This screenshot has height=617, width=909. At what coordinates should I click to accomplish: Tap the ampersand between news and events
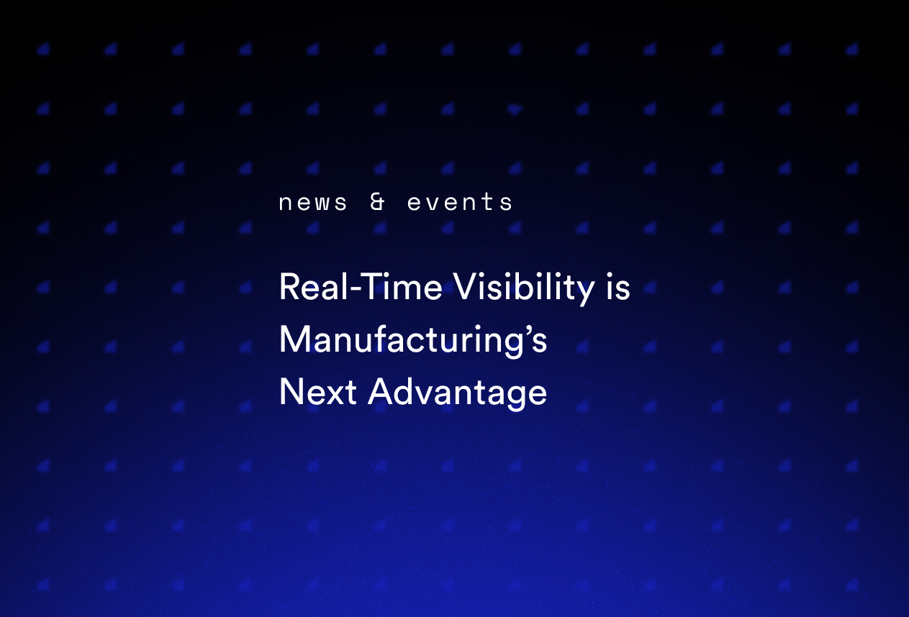click(377, 203)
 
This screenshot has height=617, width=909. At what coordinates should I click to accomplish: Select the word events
click(460, 203)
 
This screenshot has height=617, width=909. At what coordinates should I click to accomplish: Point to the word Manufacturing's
click(413, 340)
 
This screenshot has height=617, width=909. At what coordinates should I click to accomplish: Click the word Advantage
click(458, 393)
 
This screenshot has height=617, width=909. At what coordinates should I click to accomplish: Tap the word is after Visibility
click(618, 288)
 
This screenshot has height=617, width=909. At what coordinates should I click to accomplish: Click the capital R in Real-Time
click(288, 288)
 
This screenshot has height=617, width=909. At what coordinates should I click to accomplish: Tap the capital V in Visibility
click(465, 288)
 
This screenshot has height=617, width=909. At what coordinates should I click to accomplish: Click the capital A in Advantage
click(381, 393)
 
